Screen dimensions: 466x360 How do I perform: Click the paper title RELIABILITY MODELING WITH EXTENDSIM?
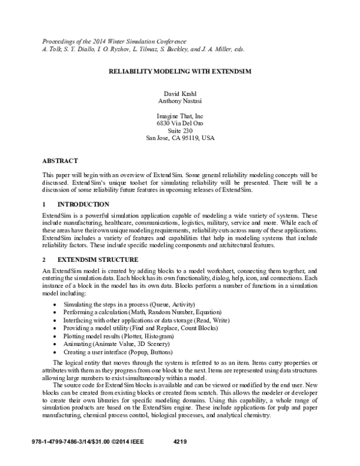(180, 70)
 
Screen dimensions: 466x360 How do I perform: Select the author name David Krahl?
(180, 93)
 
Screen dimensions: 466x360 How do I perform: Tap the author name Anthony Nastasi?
(180, 101)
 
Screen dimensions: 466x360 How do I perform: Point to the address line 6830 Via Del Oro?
(180, 123)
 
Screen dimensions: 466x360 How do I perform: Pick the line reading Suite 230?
(180, 130)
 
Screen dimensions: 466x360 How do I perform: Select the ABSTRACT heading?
(60, 161)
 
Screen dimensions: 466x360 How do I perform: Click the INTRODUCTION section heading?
(83, 205)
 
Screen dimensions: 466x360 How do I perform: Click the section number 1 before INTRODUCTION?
(44, 205)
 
